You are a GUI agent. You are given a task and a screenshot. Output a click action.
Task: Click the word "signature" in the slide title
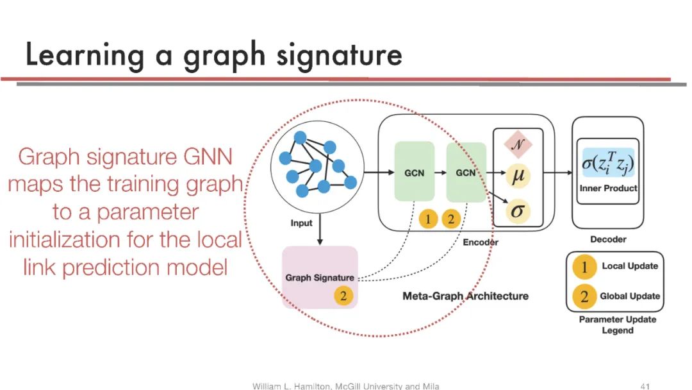pos(340,56)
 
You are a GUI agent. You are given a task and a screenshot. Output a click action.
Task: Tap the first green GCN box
pos(414,171)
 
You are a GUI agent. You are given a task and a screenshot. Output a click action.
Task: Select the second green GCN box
pos(466,171)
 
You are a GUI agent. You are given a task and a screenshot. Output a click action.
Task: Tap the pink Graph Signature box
pos(320,277)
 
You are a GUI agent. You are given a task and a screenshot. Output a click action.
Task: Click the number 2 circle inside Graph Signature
pos(343,296)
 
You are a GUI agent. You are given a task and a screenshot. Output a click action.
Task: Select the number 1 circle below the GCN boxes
pos(429,219)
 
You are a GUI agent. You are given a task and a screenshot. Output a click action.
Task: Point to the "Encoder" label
pos(480,242)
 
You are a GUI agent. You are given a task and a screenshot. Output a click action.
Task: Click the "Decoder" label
pos(608,239)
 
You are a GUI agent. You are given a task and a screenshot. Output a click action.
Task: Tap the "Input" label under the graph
pos(301,223)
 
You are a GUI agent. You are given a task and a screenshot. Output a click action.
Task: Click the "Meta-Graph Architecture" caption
pos(465,296)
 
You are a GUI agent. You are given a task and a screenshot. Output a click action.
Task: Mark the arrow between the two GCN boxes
pos(440,173)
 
